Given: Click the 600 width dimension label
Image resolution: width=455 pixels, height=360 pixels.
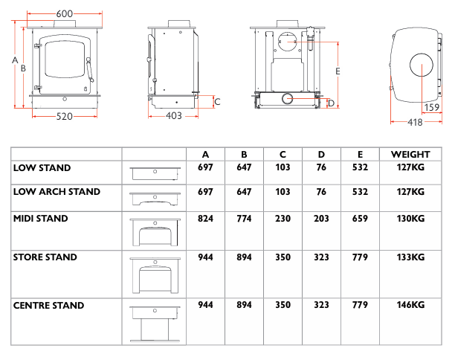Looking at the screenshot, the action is point(65,13).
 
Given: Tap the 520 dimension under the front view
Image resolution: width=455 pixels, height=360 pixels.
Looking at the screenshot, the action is point(64,117).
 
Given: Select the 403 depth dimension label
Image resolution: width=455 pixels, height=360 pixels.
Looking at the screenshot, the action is point(174,116).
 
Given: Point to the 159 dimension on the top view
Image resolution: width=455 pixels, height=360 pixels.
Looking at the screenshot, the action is point(432,107).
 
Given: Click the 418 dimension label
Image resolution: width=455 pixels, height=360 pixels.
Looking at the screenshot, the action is point(415,123).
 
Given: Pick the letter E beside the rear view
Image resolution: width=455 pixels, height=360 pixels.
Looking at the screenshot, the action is point(338,71).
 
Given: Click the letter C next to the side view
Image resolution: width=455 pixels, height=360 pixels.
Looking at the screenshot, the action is point(218,102).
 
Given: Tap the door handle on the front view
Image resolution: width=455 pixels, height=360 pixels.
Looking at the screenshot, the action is point(90,70).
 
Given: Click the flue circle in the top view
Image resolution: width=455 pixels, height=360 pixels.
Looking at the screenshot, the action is point(422,65).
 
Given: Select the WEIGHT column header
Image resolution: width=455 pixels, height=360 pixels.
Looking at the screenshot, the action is point(410,155).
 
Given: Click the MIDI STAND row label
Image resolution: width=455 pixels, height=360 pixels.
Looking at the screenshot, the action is point(41,219).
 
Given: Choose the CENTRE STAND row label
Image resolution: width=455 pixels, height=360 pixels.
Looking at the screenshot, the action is point(49,306).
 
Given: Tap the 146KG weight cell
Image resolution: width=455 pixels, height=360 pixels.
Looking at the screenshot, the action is point(410,305).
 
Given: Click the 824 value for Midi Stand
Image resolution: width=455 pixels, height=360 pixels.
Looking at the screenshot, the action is point(205,219).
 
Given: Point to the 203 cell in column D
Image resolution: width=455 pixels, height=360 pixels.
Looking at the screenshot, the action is point(321,219).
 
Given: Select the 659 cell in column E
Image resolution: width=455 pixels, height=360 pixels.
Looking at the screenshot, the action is point(360,219).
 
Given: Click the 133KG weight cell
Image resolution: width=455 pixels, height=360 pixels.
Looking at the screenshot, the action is point(410,257).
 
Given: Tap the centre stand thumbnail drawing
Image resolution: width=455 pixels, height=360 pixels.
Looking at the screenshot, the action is point(155,324).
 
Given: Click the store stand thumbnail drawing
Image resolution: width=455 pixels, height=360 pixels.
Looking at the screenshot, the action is point(155,275).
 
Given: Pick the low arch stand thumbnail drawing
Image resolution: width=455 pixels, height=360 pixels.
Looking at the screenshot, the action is point(155,199).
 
